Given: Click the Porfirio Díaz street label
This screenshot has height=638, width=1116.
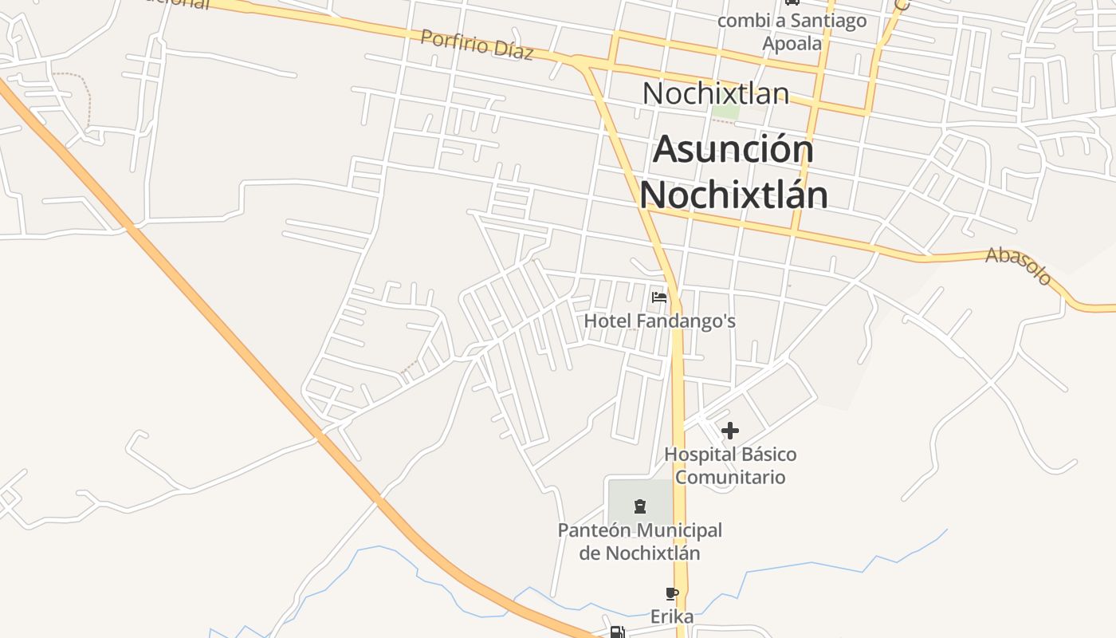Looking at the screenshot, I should [476, 44].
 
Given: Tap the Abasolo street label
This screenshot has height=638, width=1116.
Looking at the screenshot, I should [1019, 266].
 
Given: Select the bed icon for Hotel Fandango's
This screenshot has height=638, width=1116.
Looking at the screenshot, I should [659, 297].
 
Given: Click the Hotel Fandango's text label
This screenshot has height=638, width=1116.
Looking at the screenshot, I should [659, 321].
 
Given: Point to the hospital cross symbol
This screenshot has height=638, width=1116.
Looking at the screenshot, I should [729, 431].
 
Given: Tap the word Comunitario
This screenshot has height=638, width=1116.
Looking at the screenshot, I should [730, 477].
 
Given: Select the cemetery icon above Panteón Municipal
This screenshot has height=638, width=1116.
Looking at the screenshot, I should [639, 506].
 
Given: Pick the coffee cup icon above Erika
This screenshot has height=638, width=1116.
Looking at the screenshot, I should [671, 593].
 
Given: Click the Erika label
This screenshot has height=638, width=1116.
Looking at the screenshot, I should [671, 616].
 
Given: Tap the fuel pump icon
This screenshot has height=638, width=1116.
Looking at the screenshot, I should [616, 632].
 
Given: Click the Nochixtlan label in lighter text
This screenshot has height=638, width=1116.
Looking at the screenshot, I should [715, 93].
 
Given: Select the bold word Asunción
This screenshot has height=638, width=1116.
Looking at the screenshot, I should [733, 150].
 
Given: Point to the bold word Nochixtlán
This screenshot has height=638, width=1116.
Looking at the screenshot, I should [733, 195].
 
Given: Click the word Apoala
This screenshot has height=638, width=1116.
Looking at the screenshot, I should [792, 43].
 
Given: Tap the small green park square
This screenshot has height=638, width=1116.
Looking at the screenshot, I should [725, 112].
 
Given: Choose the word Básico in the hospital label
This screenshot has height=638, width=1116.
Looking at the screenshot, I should [766, 455].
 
